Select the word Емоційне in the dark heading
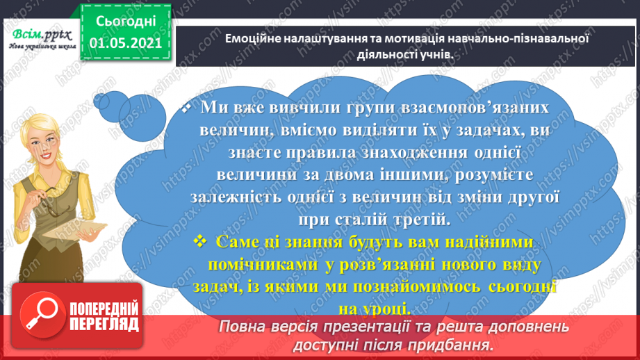tap(253, 39)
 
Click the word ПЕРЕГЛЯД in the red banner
tap(104, 324)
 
